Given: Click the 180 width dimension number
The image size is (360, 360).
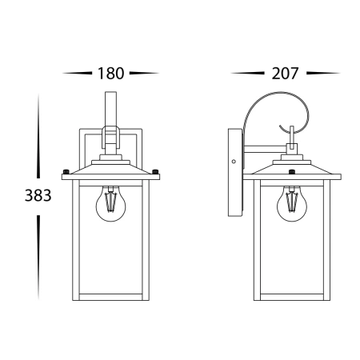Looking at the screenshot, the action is (x=110, y=74).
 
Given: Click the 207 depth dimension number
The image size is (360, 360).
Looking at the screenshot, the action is (x=285, y=74).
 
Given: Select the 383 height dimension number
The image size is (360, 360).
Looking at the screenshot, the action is (x=38, y=195).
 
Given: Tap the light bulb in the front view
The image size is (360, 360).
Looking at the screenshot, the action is (x=110, y=204).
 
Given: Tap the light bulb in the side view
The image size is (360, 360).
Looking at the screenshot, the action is (x=292, y=204).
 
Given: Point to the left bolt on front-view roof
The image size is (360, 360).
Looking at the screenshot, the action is (x=66, y=171).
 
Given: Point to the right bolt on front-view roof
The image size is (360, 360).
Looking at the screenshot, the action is (x=155, y=171).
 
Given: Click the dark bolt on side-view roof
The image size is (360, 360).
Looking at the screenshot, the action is (x=292, y=171).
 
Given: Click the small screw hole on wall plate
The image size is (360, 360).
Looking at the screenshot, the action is (x=234, y=162).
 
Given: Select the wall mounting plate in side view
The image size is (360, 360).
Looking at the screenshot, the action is (x=236, y=173).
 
